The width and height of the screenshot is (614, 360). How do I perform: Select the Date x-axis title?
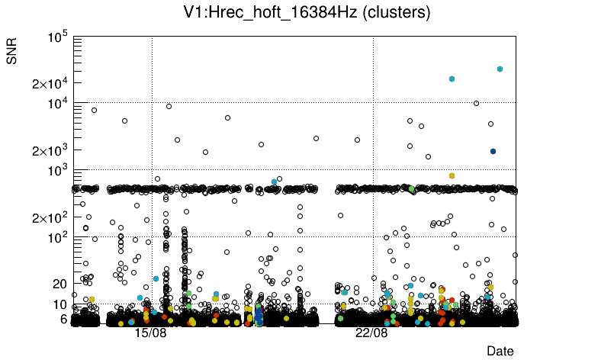click(500, 351)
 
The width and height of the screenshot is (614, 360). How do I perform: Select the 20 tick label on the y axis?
click(59, 284)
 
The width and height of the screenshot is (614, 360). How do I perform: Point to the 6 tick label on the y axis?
click(64, 319)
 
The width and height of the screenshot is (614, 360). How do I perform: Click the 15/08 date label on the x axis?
click(150, 333)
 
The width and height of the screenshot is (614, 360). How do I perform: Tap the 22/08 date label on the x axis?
click(372, 333)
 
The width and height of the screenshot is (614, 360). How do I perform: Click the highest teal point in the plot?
click(500, 69)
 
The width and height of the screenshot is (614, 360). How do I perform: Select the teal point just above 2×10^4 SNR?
click(452, 79)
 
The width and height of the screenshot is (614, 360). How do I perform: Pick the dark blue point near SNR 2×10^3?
click(493, 151)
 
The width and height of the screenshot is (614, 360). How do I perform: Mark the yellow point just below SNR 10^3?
click(452, 175)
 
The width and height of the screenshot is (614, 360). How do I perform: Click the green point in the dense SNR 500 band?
click(411, 188)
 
